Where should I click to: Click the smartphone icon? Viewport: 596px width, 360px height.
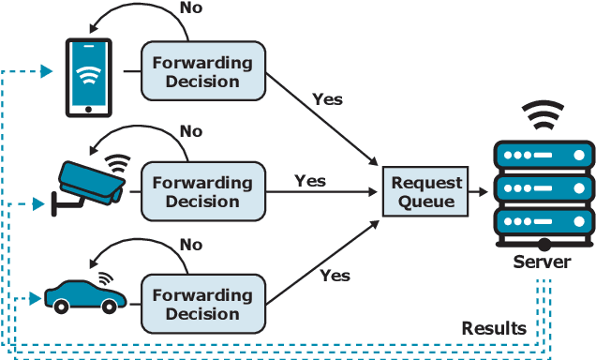tap(88, 77)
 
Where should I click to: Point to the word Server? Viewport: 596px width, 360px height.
tap(541, 262)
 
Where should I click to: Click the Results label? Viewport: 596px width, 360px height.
tap(494, 328)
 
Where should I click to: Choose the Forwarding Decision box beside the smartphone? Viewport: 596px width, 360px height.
tap(202, 72)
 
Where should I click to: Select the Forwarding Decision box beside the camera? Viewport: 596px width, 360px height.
tap(202, 192)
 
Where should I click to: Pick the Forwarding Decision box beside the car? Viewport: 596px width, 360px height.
tap(202, 305)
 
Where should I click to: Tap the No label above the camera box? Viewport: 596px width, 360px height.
tap(191, 131)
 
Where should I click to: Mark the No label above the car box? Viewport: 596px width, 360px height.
tap(191, 245)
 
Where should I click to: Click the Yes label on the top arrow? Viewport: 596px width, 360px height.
tap(327, 98)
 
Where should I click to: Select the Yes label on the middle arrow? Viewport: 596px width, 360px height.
tap(310, 179)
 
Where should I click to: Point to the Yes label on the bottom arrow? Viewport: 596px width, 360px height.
tap(335, 275)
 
